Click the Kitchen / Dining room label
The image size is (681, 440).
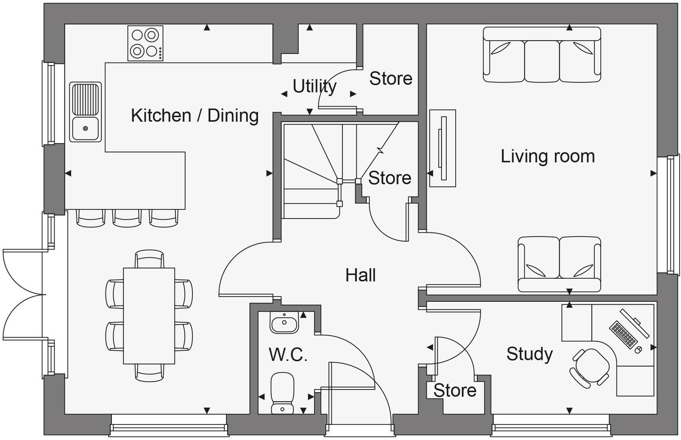[195, 115]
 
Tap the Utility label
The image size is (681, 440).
[314, 86]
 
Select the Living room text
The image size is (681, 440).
[547, 156]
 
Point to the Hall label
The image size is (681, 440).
[360, 275]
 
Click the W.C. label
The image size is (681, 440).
[288, 354]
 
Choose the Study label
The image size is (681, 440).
[529, 354]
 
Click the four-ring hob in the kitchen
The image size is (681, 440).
[145, 43]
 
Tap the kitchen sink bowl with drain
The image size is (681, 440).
[86, 128]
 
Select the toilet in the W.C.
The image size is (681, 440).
[282, 392]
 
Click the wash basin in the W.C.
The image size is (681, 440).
[284, 323]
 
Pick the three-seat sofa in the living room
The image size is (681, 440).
[542, 55]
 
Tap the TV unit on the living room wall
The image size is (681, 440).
[443, 148]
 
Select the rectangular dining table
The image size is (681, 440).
[149, 316]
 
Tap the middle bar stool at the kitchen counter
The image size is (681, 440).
[127, 219]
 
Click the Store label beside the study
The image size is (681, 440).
[455, 391]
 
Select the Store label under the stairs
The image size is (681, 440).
[389, 178]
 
